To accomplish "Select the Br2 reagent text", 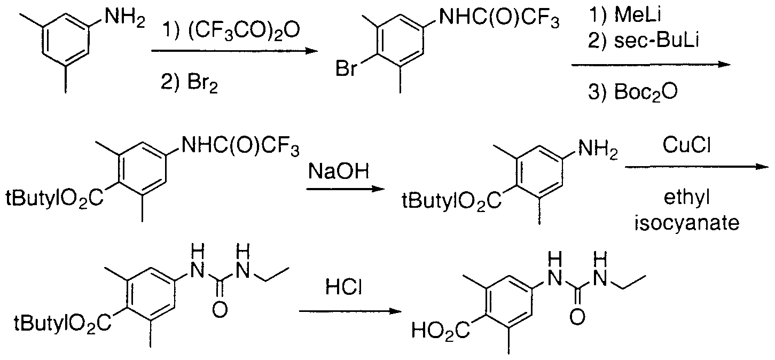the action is (x=203, y=84).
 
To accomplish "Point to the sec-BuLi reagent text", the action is (x=656, y=40).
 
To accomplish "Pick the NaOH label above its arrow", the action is (x=339, y=171).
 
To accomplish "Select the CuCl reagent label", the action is (x=686, y=145).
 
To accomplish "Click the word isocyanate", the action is (x=687, y=223).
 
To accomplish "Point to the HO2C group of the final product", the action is (x=441, y=331).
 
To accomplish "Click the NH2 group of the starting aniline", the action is (x=125, y=17).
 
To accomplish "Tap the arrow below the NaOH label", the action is (x=345, y=189).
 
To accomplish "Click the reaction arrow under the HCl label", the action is (x=350, y=311).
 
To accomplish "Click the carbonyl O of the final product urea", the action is (x=577, y=317).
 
